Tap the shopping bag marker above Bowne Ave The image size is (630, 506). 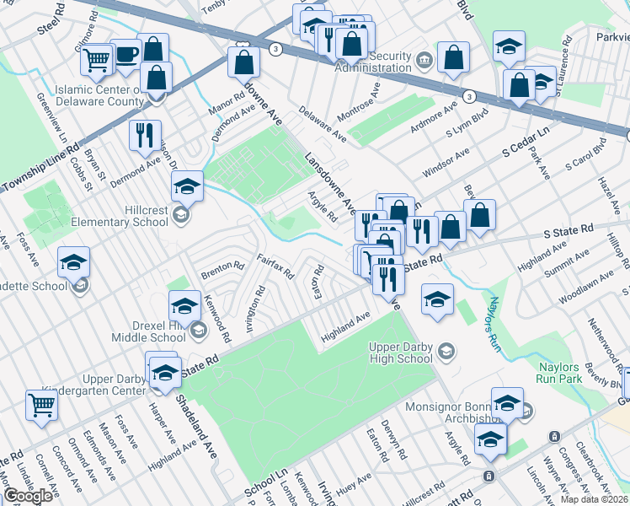click(x=243, y=61)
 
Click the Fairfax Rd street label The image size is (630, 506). click(x=275, y=267)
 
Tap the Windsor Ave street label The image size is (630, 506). click(x=446, y=162)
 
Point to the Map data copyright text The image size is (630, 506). click(x=594, y=499)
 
